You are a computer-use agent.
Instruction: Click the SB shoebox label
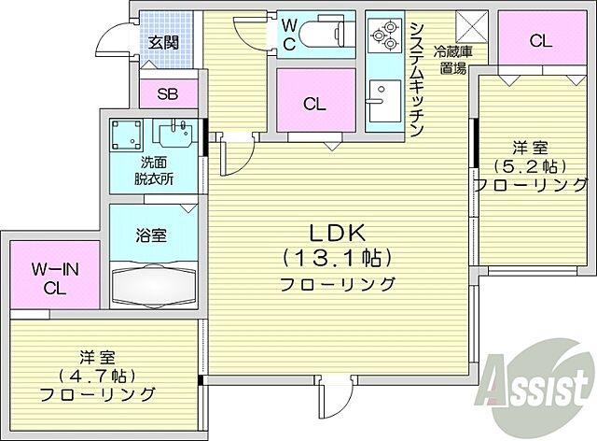168,93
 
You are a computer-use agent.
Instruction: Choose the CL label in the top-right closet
539,40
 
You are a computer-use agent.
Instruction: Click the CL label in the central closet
314,105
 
